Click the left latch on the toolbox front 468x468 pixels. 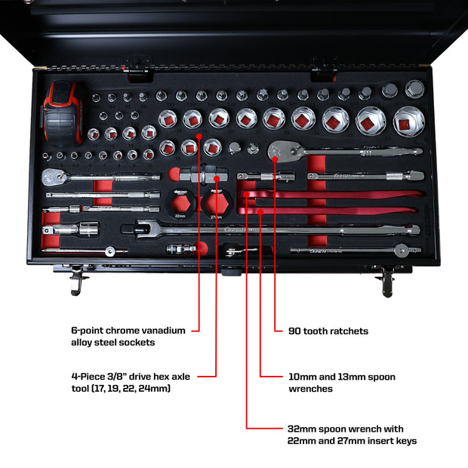click(x=78, y=281)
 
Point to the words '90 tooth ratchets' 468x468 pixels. click(x=328, y=331)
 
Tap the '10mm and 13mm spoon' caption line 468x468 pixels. click(x=342, y=376)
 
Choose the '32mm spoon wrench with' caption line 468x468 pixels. click(x=346, y=429)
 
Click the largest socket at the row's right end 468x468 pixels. click(x=408, y=121)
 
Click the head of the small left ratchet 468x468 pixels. click(x=55, y=178)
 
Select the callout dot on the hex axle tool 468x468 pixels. click(x=217, y=179)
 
